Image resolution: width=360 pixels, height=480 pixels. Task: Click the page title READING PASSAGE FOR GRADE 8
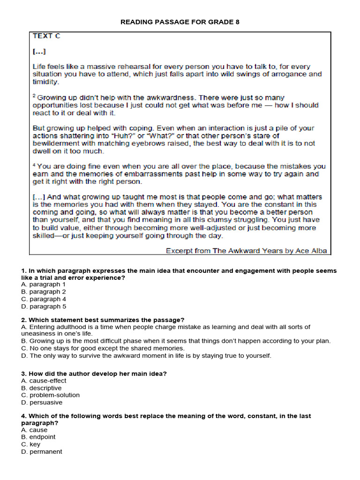point(180,22)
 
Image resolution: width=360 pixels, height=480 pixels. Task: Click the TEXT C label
point(46,36)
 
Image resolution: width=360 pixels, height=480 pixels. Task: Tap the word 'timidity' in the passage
point(45,82)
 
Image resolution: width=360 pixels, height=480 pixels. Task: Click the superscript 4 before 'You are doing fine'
point(34,165)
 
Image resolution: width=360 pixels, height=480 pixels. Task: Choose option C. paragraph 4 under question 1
point(44,299)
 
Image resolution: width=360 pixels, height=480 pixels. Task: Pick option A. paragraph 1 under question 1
point(44,285)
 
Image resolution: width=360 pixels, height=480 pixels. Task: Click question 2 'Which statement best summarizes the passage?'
point(103,320)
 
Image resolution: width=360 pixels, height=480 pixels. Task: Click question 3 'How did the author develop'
point(94,374)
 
